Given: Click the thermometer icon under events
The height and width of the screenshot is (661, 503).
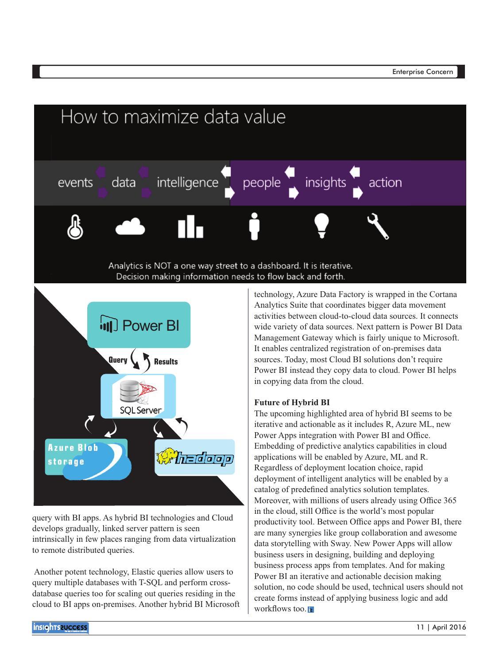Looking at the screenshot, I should (75, 227).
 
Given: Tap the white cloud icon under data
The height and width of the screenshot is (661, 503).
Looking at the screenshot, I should (130, 227).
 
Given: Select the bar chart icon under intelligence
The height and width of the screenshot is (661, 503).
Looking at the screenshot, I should (190, 227).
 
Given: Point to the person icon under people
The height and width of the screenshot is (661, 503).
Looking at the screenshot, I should (254, 226).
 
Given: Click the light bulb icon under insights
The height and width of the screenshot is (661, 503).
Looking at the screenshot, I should (321, 225).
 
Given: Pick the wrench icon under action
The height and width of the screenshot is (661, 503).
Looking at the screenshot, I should (378, 226).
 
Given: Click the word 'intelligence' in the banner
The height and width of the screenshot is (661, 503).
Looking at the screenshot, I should (187, 183).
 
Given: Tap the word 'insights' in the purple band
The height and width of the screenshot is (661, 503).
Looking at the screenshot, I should (325, 183).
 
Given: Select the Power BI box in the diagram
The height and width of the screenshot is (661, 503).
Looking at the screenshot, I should (139, 325).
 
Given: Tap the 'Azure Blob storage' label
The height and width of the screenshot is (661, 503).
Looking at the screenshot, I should (73, 454).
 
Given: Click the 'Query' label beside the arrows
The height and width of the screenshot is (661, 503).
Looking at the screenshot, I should (118, 360).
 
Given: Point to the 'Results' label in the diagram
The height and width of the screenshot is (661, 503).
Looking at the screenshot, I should (166, 362).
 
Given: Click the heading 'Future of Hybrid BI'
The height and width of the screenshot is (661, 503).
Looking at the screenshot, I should (292, 403).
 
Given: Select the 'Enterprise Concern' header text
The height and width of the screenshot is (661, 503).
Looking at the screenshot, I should (422, 72).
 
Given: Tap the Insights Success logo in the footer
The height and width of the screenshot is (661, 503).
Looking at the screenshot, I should (60, 628).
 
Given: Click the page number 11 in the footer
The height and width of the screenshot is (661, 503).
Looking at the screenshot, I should (420, 627).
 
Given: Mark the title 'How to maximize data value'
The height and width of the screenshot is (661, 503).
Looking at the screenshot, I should (173, 117).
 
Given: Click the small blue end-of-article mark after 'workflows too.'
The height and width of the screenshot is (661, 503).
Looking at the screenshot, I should (311, 610).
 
